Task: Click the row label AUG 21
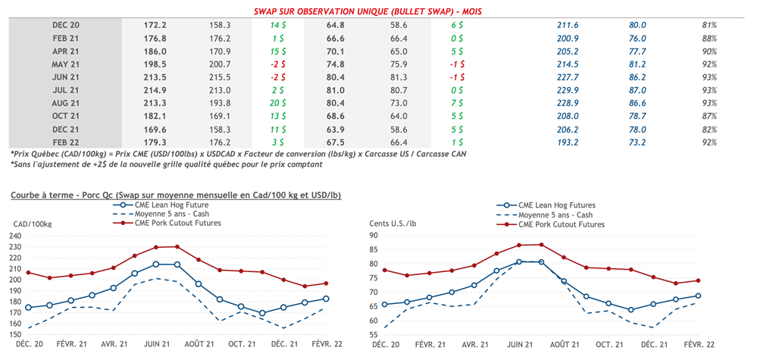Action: pos(66,103)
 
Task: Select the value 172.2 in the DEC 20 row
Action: pos(155,25)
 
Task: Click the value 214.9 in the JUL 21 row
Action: pos(155,90)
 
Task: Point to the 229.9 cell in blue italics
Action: pos(567,90)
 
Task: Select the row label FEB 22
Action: pos(66,142)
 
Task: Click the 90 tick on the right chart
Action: pos(374,236)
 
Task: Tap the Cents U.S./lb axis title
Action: pos(395,224)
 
